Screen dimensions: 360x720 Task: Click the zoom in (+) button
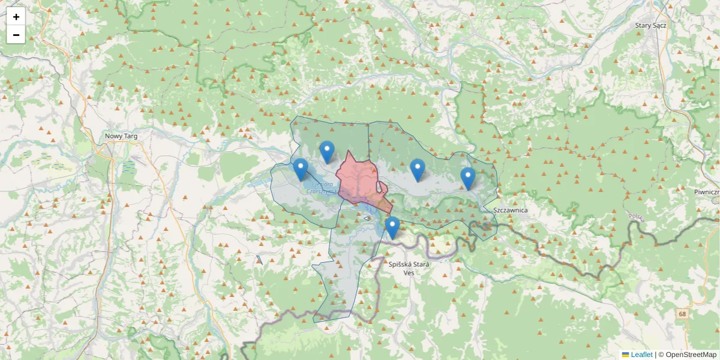pyautogui.click(x=16, y=16)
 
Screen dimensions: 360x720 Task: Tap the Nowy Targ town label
pyautogui.click(x=121, y=136)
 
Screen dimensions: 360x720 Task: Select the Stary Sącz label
pyautogui.click(x=651, y=25)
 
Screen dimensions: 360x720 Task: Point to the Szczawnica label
pyautogui.click(x=509, y=210)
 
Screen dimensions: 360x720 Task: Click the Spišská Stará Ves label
pyautogui.click(x=410, y=268)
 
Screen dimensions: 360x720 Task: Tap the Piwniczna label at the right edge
pyautogui.click(x=706, y=192)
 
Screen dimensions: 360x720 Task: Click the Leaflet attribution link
pyautogui.click(x=641, y=355)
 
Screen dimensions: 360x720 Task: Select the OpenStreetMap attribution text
pyautogui.click(x=691, y=355)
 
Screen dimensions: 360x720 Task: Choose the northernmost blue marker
pyautogui.click(x=326, y=152)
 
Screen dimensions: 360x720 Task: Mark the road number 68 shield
pyautogui.click(x=683, y=314)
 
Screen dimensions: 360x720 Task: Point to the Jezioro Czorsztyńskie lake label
pyautogui.click(x=323, y=188)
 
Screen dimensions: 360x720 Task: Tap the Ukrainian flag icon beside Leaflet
pyautogui.click(x=625, y=355)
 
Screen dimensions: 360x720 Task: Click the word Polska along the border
pyautogui.click(x=636, y=217)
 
